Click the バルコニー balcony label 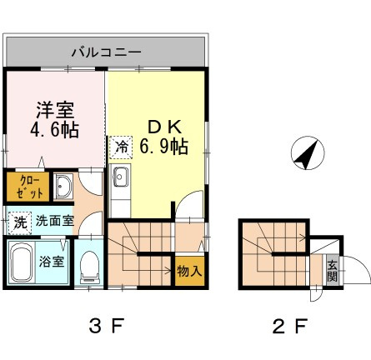pos(105,52)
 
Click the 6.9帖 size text pos(163,147)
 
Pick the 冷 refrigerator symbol pos(120,147)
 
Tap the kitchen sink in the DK pos(120,177)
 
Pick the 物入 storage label pos(187,272)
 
